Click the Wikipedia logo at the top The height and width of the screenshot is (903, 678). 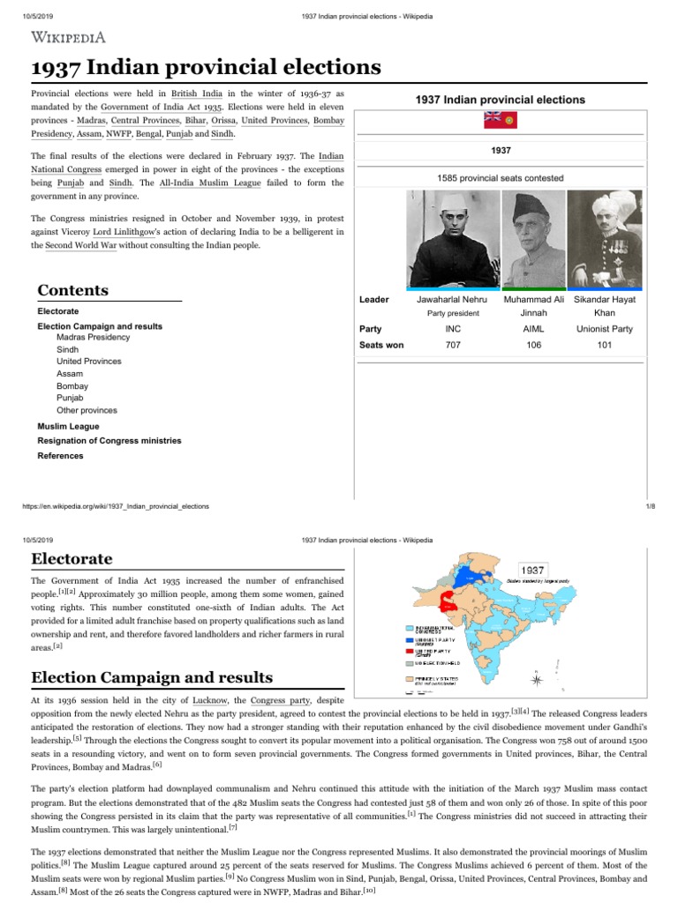pyautogui.click(x=70, y=36)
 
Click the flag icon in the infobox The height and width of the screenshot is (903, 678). pyautogui.click(x=501, y=121)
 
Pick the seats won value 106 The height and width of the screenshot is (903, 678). pyautogui.click(x=533, y=345)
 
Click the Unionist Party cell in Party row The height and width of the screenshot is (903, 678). pyautogui.click(x=605, y=329)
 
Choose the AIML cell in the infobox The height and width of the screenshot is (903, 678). pyautogui.click(x=533, y=329)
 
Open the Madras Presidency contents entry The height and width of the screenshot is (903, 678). pyautogui.click(x=93, y=337)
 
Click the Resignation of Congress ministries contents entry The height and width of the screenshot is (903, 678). pyautogui.click(x=109, y=440)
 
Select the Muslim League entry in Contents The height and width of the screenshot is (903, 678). pyautogui.click(x=68, y=426)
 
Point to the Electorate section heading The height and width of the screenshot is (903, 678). pyautogui.click(x=72, y=558)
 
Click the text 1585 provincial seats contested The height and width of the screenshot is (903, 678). pyautogui.click(x=500, y=177)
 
